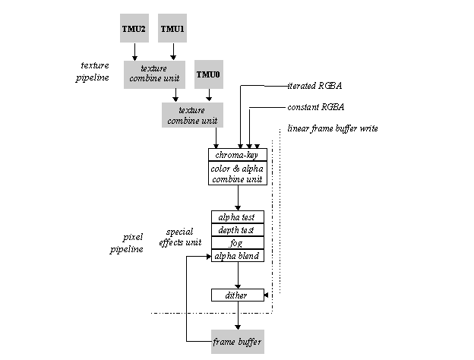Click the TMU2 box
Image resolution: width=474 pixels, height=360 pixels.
[134, 28]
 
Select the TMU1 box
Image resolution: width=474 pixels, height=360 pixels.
[172, 28]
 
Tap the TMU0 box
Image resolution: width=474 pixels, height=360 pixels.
[209, 74]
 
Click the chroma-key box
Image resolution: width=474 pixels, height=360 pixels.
[238, 155]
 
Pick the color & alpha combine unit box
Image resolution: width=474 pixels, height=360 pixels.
[238, 173]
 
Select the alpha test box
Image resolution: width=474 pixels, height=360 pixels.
[238, 217]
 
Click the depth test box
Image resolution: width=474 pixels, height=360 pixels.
[238, 230]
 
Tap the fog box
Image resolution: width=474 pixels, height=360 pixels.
[238, 243]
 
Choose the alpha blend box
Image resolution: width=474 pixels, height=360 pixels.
[238, 256]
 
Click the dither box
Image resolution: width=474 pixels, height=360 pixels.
[238, 295]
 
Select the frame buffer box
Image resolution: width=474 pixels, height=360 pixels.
[238, 342]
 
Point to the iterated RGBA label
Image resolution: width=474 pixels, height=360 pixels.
[314, 86]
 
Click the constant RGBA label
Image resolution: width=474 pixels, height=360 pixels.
[316, 107]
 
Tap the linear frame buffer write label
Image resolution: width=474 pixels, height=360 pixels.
[333, 128]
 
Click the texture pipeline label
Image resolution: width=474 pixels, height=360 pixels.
[93, 71]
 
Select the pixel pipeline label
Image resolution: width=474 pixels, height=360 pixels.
[126, 243]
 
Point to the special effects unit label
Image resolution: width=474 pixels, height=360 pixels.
[180, 237]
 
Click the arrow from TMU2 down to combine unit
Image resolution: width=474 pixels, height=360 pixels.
[134, 52]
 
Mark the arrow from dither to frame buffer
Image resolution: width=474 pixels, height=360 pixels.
[238, 315]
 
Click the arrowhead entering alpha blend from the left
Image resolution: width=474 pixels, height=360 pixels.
[209, 256]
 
